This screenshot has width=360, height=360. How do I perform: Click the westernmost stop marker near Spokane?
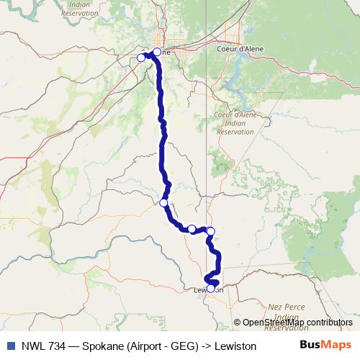141,58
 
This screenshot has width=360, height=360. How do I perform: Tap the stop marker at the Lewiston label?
211,289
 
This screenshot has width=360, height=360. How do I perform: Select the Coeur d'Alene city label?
240,49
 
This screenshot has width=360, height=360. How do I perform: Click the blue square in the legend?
10,346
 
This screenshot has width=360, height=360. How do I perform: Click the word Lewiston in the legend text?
234,346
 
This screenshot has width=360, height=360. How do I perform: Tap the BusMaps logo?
325,345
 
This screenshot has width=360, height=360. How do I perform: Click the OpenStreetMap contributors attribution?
297,322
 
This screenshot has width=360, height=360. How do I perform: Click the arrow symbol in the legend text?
204,346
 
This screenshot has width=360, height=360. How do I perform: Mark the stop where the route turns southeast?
164,203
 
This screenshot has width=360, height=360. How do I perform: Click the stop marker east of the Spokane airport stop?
157,52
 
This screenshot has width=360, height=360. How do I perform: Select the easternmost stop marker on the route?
210,231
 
